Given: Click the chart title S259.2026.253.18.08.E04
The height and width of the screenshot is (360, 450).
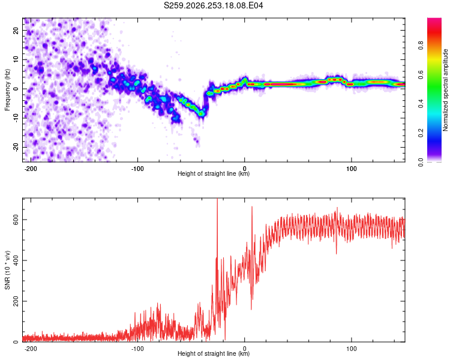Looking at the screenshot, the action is click(x=213, y=5).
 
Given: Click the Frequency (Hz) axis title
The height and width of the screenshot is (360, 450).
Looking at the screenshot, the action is click(x=7, y=90).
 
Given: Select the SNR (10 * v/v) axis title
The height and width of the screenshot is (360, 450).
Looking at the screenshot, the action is click(x=7, y=270).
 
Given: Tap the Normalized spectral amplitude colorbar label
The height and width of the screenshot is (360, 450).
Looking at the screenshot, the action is click(x=445, y=90).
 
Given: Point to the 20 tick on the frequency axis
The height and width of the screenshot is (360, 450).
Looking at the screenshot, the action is click(x=16, y=30).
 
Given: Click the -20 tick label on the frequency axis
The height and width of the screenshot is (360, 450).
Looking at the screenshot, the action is click(x=16, y=147).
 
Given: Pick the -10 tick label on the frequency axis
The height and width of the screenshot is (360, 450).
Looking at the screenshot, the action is click(x=16, y=118).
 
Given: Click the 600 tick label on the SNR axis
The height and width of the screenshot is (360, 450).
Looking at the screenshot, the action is click(x=16, y=220).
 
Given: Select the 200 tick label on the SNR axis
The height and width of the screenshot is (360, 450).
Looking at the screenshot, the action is click(x=16, y=301).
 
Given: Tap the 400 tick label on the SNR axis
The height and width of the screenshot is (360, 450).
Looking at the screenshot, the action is click(x=16, y=260).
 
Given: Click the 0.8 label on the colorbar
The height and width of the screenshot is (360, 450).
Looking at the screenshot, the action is click(x=421, y=46).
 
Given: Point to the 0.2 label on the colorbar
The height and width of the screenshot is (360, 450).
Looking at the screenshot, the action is click(x=421, y=133).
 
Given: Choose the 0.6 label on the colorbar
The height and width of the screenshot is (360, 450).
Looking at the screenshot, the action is click(x=421, y=74).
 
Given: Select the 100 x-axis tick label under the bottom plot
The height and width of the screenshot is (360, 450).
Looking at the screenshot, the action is click(x=351, y=349).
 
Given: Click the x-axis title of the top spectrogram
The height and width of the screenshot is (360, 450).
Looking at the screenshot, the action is click(x=214, y=173).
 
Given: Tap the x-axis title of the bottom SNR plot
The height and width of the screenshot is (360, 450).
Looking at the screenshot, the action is click(x=214, y=353).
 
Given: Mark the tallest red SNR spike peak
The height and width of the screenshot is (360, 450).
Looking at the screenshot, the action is click(x=217, y=199).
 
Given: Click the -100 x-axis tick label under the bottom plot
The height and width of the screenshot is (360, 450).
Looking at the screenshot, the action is click(x=137, y=349).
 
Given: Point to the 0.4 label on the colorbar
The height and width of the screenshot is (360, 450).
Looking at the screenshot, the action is click(x=421, y=103).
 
